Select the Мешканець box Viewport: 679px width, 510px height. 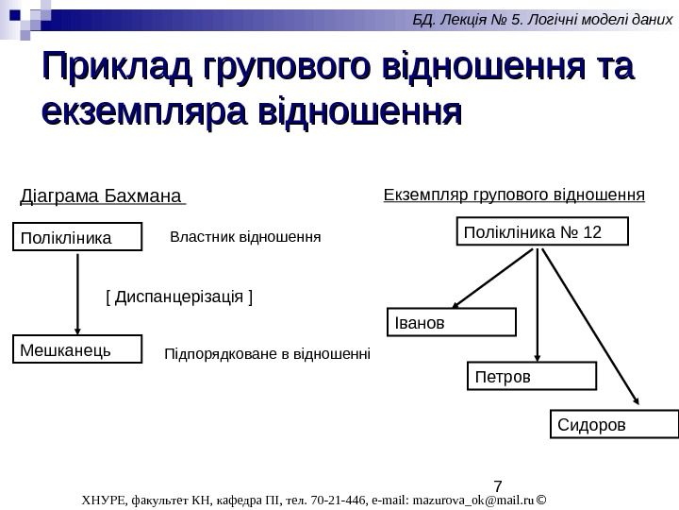click(75, 350)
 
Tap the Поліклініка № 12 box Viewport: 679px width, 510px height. click(542, 231)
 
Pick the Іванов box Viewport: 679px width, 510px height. click(452, 322)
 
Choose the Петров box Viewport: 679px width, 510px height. click(532, 376)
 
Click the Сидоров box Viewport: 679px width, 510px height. click(613, 424)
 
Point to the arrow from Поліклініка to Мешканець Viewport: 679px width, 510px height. click(76, 293)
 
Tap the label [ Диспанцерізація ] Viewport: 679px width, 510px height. click(179, 297)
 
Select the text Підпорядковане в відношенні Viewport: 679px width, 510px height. click(268, 355)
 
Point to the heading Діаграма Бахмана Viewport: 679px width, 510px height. click(102, 198)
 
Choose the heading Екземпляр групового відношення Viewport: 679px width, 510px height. click(514, 195)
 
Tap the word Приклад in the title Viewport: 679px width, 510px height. click(113, 68)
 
